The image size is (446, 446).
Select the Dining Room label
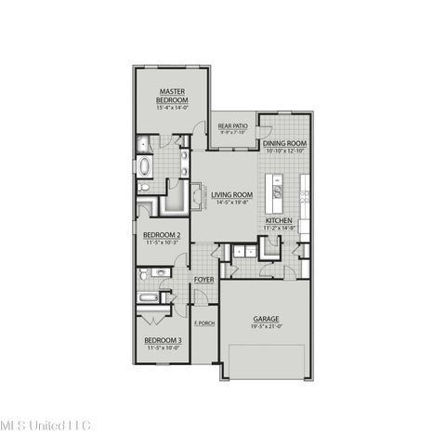(x=284, y=144)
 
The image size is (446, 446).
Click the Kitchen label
(x=280, y=220)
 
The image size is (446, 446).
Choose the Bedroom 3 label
(x=163, y=341)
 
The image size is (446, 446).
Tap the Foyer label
(x=203, y=278)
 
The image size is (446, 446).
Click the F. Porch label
(x=203, y=322)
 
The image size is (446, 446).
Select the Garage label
(x=266, y=319)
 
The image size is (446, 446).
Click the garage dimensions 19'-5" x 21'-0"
(x=266, y=326)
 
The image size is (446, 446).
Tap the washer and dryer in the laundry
(x=244, y=251)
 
